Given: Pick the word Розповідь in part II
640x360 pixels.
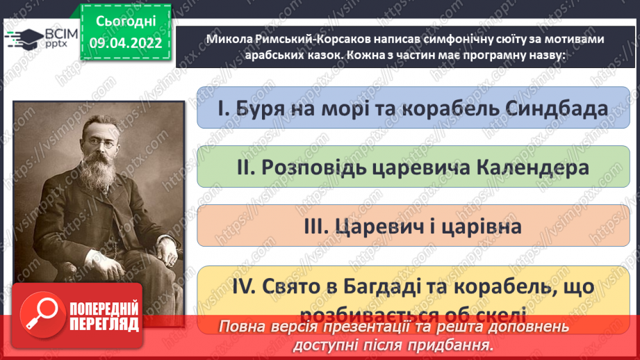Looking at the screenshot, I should pos(295,167).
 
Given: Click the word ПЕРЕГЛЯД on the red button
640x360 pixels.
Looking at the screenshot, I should pos(104,325).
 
